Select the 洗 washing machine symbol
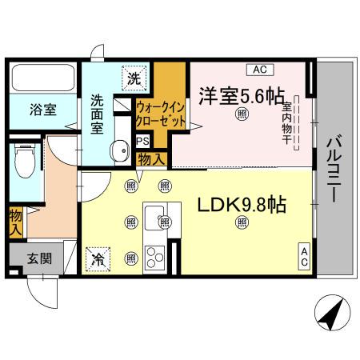pos(133,78)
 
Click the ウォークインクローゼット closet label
pos(162,113)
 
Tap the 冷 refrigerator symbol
pos(98,258)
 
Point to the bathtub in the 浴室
pos(44,78)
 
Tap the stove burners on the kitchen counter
pos(154,258)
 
